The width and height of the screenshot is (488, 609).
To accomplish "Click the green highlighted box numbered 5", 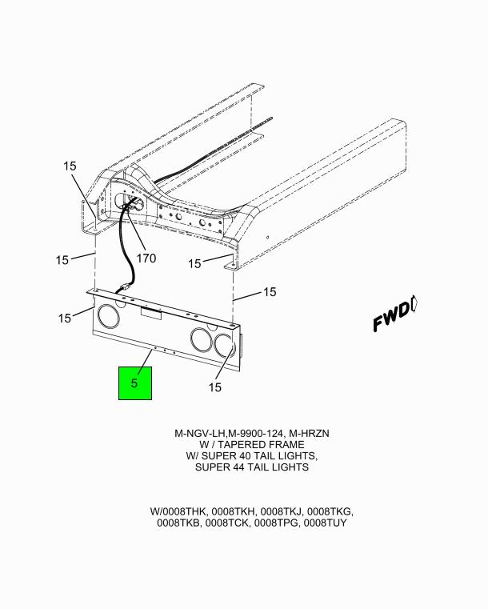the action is [134, 383].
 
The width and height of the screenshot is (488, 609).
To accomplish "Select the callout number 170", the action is [146, 258].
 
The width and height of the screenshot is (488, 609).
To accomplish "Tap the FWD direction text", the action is [392, 318].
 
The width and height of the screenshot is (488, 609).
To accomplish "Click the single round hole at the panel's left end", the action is [109, 315].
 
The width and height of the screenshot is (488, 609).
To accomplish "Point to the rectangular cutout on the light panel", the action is [151, 314].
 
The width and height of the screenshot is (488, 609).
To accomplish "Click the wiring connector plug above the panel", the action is [125, 290].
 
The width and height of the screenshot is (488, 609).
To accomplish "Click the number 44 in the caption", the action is [238, 467].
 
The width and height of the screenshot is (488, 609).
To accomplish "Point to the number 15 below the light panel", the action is [214, 387].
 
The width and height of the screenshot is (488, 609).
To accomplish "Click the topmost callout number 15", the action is [70, 166].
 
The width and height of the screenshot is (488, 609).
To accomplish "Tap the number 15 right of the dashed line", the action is [270, 291].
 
